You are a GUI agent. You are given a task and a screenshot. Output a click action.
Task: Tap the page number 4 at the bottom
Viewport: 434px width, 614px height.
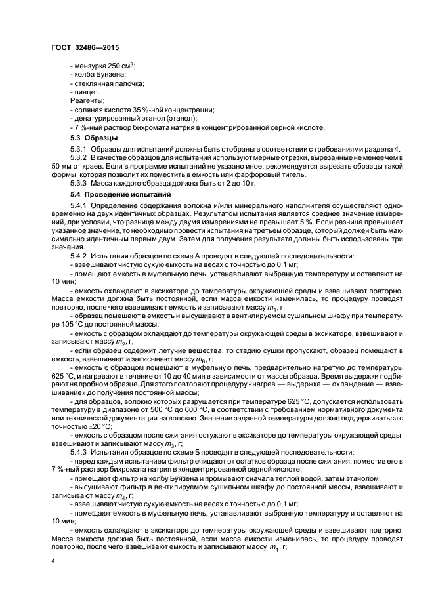click(x=53, y=562)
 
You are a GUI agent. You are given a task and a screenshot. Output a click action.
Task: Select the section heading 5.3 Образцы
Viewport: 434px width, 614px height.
click(x=94, y=139)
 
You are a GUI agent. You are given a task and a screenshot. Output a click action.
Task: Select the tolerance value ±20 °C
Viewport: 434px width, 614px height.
click(x=100, y=426)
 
